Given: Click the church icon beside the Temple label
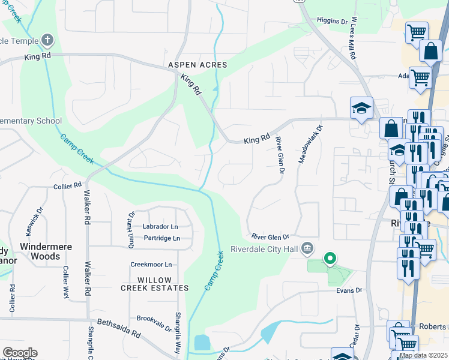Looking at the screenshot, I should pyautogui.click(x=47, y=41).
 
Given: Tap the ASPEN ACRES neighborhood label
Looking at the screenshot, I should pyautogui.click(x=197, y=65).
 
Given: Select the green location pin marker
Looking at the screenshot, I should pyautogui.click(x=330, y=259).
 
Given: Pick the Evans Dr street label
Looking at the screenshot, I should pyautogui.click(x=350, y=290).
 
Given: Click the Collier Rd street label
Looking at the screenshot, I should pyautogui.click(x=67, y=186).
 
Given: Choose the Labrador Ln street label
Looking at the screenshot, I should pyautogui.click(x=160, y=227).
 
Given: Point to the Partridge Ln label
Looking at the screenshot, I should pyautogui.click(x=160, y=238).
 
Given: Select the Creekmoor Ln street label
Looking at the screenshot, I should pyautogui.click(x=151, y=265).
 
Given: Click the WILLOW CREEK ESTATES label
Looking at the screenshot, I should pyautogui.click(x=154, y=284).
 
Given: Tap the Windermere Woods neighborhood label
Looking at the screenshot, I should pyautogui.click(x=40, y=251).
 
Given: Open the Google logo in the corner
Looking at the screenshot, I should pyautogui.click(x=20, y=353).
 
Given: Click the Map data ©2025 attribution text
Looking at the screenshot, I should pyautogui.click(x=423, y=355).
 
